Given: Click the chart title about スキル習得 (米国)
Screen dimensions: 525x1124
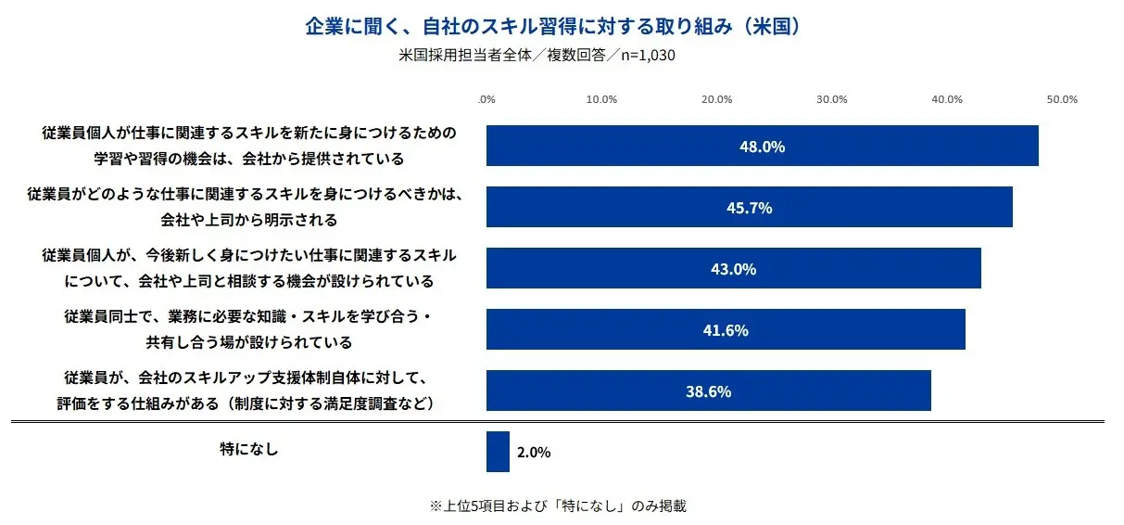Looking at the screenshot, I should coord(552,26).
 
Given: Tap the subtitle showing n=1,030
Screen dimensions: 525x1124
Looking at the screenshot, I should coord(537,56).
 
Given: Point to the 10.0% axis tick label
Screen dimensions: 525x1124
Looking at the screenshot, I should coord(602,99).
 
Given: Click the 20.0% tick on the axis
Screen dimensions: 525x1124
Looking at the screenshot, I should coord(717,99).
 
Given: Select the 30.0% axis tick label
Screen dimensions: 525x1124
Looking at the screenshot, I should coord(832,99).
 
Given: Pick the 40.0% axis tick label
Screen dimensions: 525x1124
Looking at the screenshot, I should coord(947,99).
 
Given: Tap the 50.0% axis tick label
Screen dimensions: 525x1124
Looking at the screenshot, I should coord(1062,99).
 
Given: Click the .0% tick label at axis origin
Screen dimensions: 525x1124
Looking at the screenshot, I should coord(487,99).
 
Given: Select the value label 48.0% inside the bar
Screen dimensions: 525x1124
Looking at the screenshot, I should coord(762,147).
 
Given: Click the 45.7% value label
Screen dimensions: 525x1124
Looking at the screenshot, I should coord(749,208).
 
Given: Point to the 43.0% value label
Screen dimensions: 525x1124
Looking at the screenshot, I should coord(733,269).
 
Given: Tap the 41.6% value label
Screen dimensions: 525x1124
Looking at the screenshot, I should coord(726,330).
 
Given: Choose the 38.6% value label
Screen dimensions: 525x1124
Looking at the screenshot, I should coord(708,391).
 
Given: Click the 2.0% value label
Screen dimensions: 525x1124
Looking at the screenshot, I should coord(534,453).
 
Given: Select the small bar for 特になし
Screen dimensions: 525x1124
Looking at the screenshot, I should coord(498,452).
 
